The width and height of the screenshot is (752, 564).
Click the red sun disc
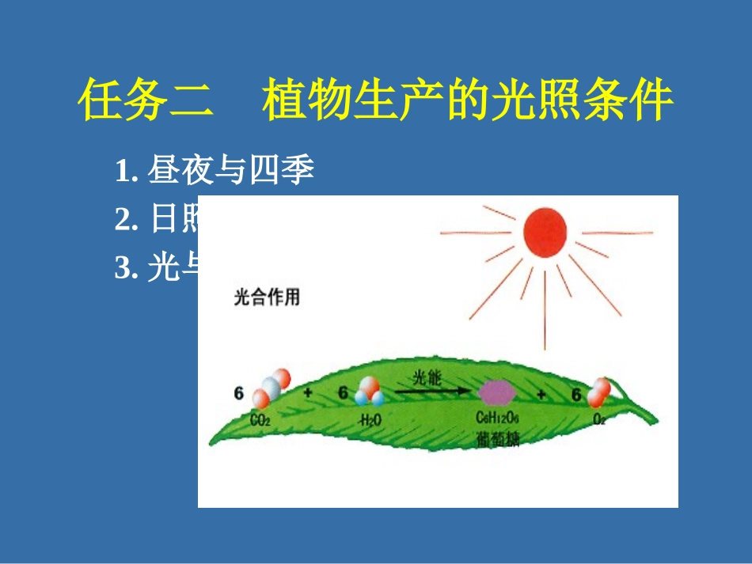point(545,231)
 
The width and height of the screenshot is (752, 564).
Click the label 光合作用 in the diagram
point(266,299)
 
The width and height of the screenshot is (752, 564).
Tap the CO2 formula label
point(260,421)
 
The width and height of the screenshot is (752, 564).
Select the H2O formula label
point(370,421)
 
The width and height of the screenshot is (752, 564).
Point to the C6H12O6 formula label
point(498,418)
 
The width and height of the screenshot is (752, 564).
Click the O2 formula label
point(598,419)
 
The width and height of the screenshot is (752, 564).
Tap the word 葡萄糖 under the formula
point(498,439)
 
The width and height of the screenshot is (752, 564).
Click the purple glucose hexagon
point(497,391)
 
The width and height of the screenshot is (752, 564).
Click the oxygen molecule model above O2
point(600,390)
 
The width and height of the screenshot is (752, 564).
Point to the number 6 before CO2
point(238,393)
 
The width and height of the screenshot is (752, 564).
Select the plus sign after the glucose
point(541,394)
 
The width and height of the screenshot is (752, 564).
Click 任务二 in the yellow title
point(146,101)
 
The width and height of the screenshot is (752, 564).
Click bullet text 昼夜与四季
point(231,172)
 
